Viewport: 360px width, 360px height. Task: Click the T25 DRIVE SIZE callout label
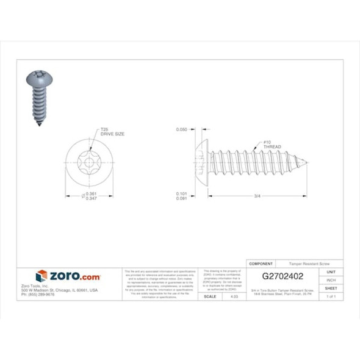click(x=112, y=131)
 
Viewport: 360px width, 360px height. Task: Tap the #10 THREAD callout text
click(x=272, y=145)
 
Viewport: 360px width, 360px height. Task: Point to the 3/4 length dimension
click(x=257, y=196)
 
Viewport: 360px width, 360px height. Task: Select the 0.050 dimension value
click(x=181, y=129)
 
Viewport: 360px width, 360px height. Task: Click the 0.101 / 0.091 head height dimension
click(x=181, y=196)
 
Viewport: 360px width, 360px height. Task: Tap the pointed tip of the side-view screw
click(x=305, y=162)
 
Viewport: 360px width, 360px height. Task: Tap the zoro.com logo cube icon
click(x=41, y=276)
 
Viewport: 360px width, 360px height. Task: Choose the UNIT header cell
click(x=331, y=272)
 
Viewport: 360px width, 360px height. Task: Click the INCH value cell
click(x=331, y=280)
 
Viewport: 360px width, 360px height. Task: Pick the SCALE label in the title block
click(x=209, y=296)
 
